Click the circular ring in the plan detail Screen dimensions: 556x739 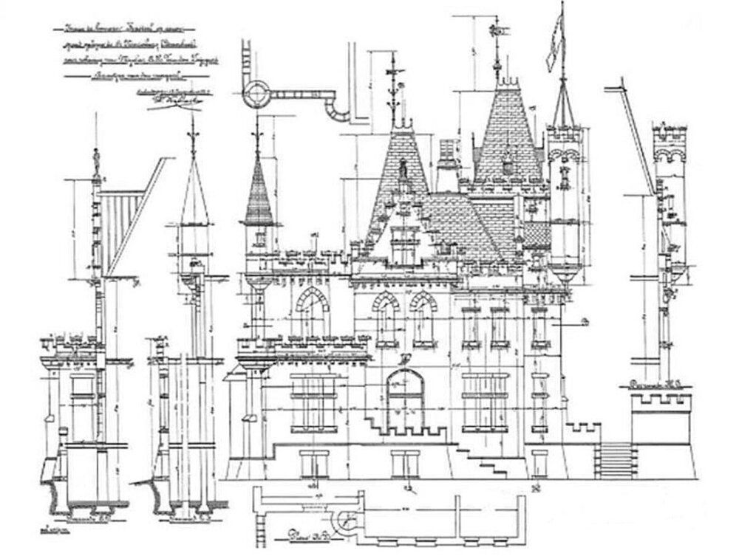point(256,92)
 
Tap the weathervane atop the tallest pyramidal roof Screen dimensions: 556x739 point(497,33)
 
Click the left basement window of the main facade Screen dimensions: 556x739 point(315,464)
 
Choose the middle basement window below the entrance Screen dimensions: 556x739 point(405,464)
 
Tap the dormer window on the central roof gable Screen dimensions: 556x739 point(404,244)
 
